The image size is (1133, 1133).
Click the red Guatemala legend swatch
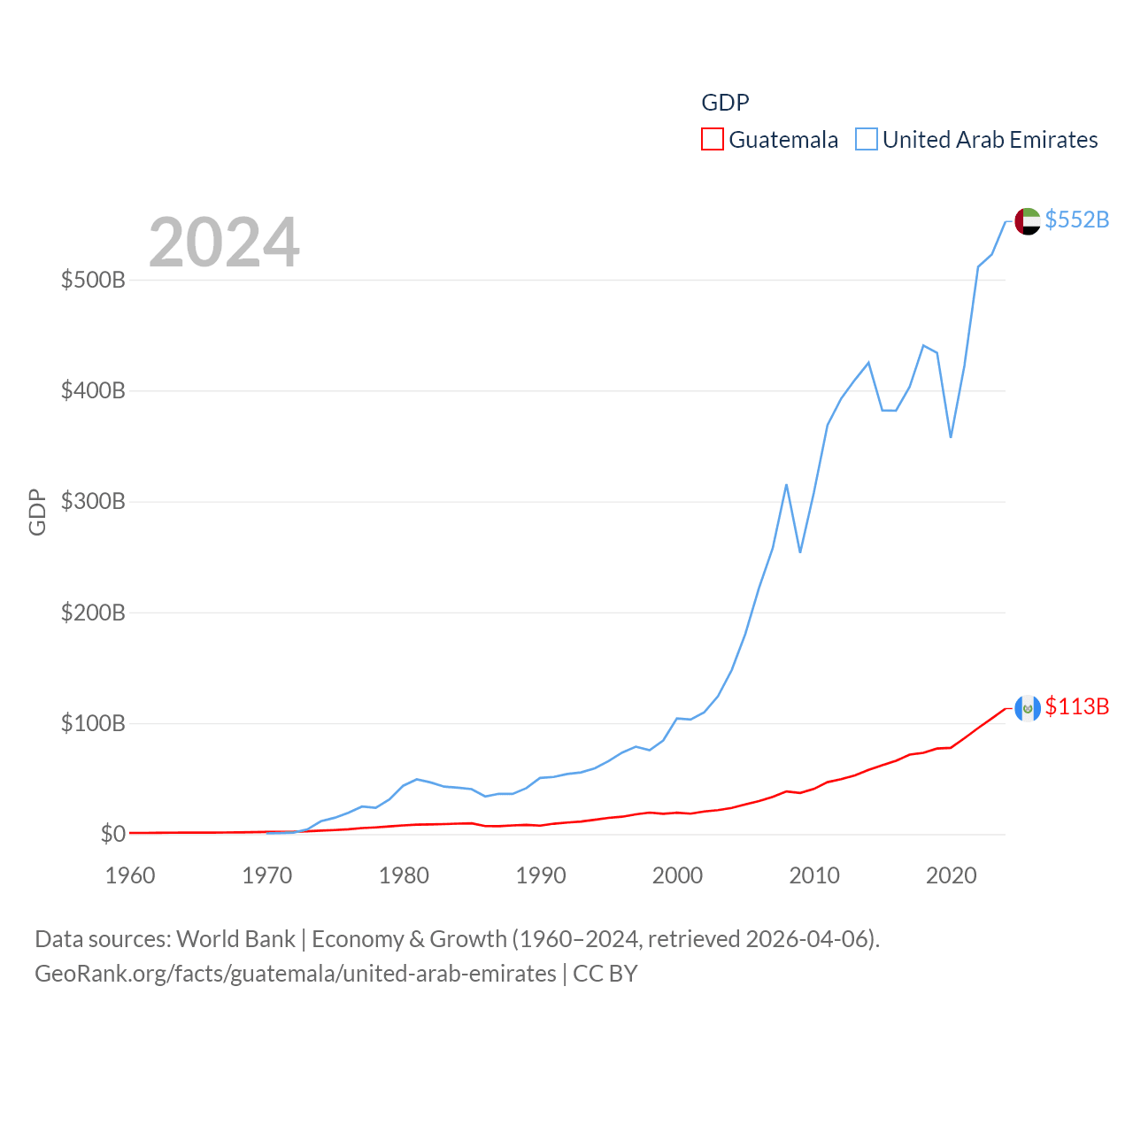[713, 140]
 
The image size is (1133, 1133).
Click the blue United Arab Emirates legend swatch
[867, 140]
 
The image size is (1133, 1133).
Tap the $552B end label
[1076, 220]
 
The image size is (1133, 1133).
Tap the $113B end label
[1076, 706]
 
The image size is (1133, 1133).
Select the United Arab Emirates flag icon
[1027, 221]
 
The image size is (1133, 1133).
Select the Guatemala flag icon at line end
[1027, 708]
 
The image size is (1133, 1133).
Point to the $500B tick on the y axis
[93, 281]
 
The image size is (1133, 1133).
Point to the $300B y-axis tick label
[93, 502]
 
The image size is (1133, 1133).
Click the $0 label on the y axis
[112, 834]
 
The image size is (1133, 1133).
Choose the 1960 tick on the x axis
[130, 875]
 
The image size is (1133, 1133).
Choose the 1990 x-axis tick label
[541, 875]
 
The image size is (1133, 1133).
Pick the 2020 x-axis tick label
[951, 875]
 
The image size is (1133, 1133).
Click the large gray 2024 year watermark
[224, 243]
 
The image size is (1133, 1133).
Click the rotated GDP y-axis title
[37, 512]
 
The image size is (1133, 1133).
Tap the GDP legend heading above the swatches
[725, 103]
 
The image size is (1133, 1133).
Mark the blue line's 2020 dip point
[951, 436]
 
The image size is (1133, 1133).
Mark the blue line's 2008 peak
[786, 485]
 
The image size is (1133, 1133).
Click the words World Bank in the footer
[235, 939]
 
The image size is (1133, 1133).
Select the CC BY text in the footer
[605, 974]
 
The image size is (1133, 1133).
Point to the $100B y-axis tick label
[93, 723]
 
